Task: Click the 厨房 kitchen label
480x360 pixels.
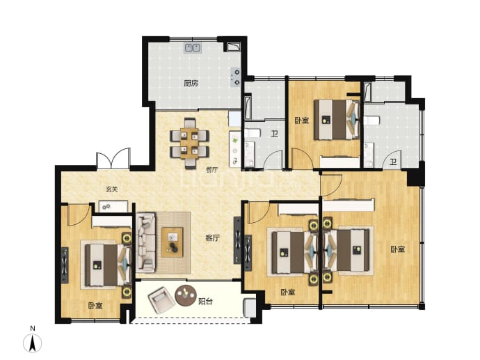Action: coord(191,83)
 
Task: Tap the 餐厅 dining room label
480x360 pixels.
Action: coord(212,170)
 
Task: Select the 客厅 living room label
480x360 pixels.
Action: coord(212,237)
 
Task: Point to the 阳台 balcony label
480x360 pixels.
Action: coord(205,302)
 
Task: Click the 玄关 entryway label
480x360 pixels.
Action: coord(112,189)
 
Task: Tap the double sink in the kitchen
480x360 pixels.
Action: coord(193,48)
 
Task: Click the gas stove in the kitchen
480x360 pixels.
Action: coord(235,77)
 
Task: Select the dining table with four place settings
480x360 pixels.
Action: coord(190,143)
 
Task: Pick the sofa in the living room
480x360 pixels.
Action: coord(146,242)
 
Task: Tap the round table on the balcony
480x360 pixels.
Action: coord(186,295)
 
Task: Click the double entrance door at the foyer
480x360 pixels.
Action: coord(113,159)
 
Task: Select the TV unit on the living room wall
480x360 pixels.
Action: coord(237,240)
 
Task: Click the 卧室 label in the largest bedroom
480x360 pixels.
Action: coord(398,249)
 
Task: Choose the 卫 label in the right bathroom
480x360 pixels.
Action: coord(393,162)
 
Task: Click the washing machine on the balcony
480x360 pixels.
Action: coord(250,308)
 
